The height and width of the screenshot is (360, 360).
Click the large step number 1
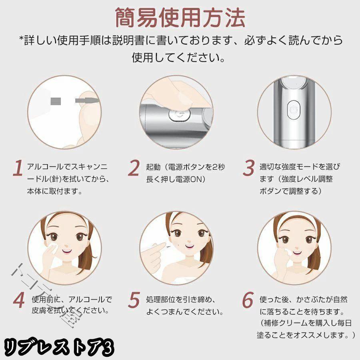17,169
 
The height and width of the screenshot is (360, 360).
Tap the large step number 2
134,169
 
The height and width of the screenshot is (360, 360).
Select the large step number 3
249,169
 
